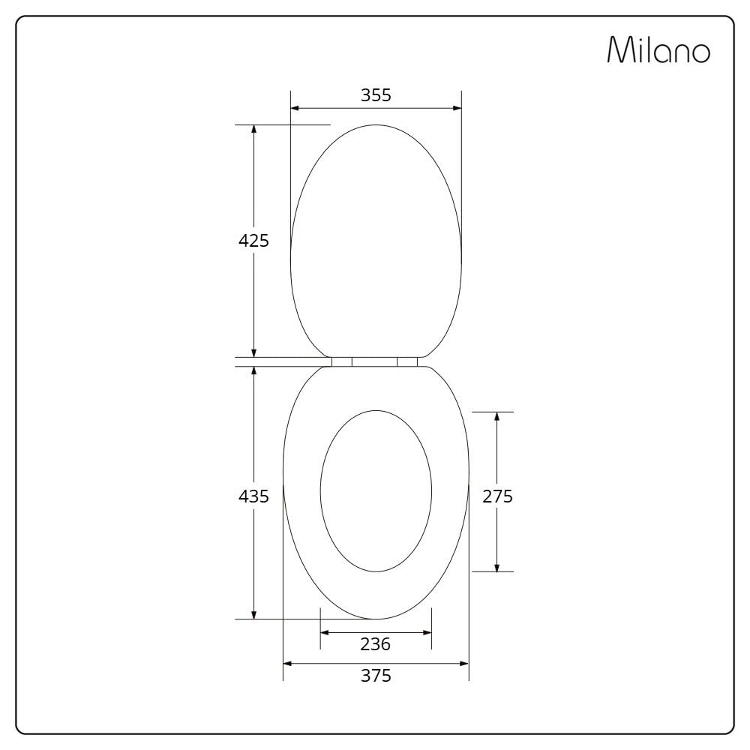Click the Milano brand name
[658, 49]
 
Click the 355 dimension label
[376, 95]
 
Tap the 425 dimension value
[253, 241]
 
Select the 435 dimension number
[253, 496]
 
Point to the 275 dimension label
[497, 496]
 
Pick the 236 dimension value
[376, 644]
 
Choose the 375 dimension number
[376, 676]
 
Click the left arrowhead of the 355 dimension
[295, 108]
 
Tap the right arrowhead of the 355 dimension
[457, 108]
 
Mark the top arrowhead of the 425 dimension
[254, 130]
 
